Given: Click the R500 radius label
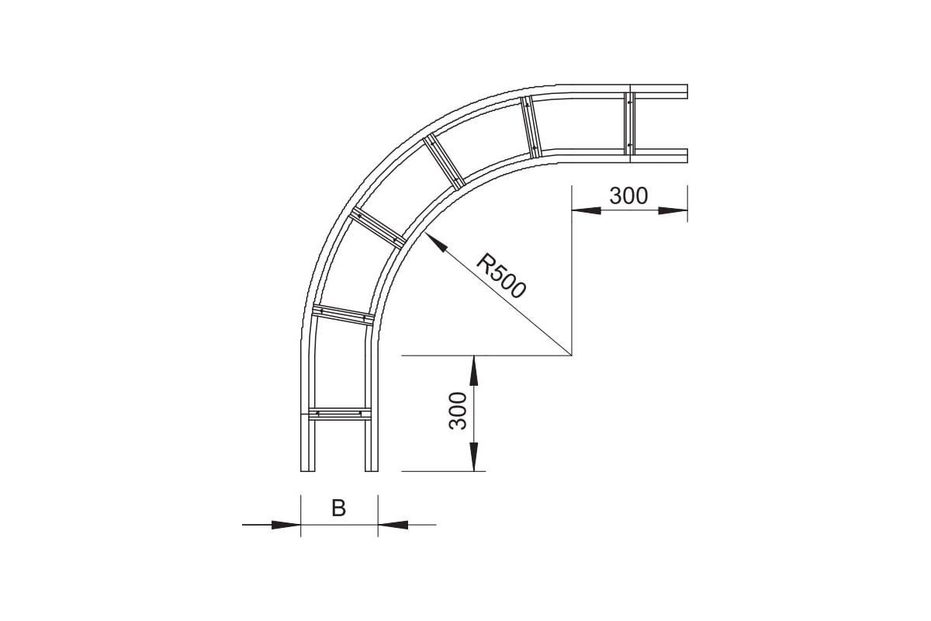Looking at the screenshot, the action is click(501, 276).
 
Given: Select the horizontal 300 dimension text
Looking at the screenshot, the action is click(628, 196).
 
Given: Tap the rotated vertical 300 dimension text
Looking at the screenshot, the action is click(458, 411).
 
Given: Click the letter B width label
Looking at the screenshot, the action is click(339, 508).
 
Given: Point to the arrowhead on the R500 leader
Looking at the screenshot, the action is click(435, 242).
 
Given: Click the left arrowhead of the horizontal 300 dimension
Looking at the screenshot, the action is click(586, 211).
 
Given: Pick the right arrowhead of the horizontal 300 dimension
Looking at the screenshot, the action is click(673, 211).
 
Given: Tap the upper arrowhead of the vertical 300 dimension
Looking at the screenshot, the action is click(473, 370).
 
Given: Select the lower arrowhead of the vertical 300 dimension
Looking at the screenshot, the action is click(473, 456).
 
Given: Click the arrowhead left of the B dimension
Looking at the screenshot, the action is click(286, 525).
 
